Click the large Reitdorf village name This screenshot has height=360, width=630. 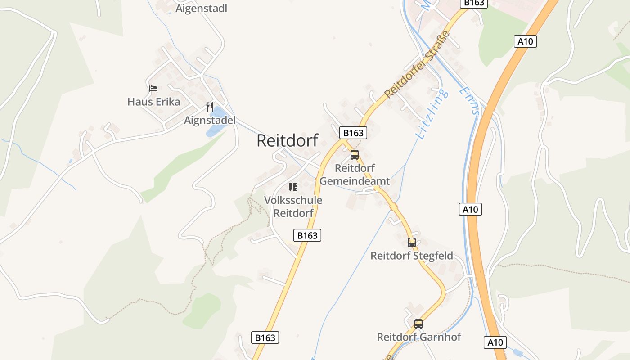(x=287, y=140)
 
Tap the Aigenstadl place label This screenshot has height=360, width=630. (x=201, y=9)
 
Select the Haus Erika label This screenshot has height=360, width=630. (x=153, y=102)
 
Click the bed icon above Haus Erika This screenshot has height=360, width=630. (x=153, y=89)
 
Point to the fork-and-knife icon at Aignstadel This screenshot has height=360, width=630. (x=209, y=107)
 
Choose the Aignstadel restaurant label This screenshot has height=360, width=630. (x=210, y=121)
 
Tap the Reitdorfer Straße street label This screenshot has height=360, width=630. (x=417, y=64)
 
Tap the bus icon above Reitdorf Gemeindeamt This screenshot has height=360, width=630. (x=355, y=155)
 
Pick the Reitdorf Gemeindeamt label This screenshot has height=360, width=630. (x=355, y=175)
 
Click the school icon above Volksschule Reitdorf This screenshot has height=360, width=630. (x=293, y=187)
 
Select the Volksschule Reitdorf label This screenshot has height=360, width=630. (x=293, y=207)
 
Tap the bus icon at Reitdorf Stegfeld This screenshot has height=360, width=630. (x=412, y=243)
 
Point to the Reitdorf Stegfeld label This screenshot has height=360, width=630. (x=411, y=256)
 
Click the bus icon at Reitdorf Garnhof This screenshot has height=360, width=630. (x=418, y=324)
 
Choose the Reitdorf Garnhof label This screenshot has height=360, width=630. (x=418, y=337)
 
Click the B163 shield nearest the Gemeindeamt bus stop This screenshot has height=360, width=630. (x=353, y=133)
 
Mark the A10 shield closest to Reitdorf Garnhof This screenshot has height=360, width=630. (x=495, y=342)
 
